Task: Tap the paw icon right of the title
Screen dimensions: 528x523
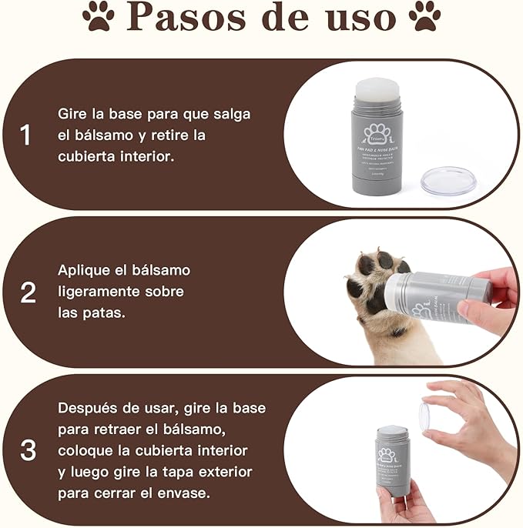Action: pos(425,16)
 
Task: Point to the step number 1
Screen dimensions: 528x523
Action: pos(26,136)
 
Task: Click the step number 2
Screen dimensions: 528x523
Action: pos(28,292)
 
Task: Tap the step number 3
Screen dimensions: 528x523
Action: pos(28,450)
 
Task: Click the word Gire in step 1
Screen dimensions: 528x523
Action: pos(73,114)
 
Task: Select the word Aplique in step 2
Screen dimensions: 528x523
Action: pos(85,270)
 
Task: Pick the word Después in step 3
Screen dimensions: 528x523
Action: pos(90,408)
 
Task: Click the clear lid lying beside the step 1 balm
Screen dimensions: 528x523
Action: pos(449,181)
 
